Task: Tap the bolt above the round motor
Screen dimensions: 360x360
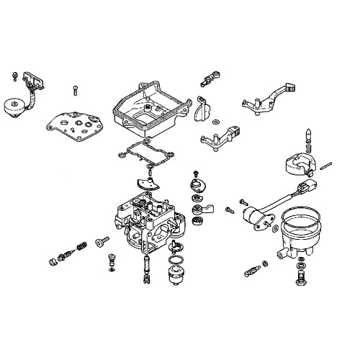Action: [x=14, y=74]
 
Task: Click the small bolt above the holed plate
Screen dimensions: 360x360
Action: [x=74, y=90]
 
